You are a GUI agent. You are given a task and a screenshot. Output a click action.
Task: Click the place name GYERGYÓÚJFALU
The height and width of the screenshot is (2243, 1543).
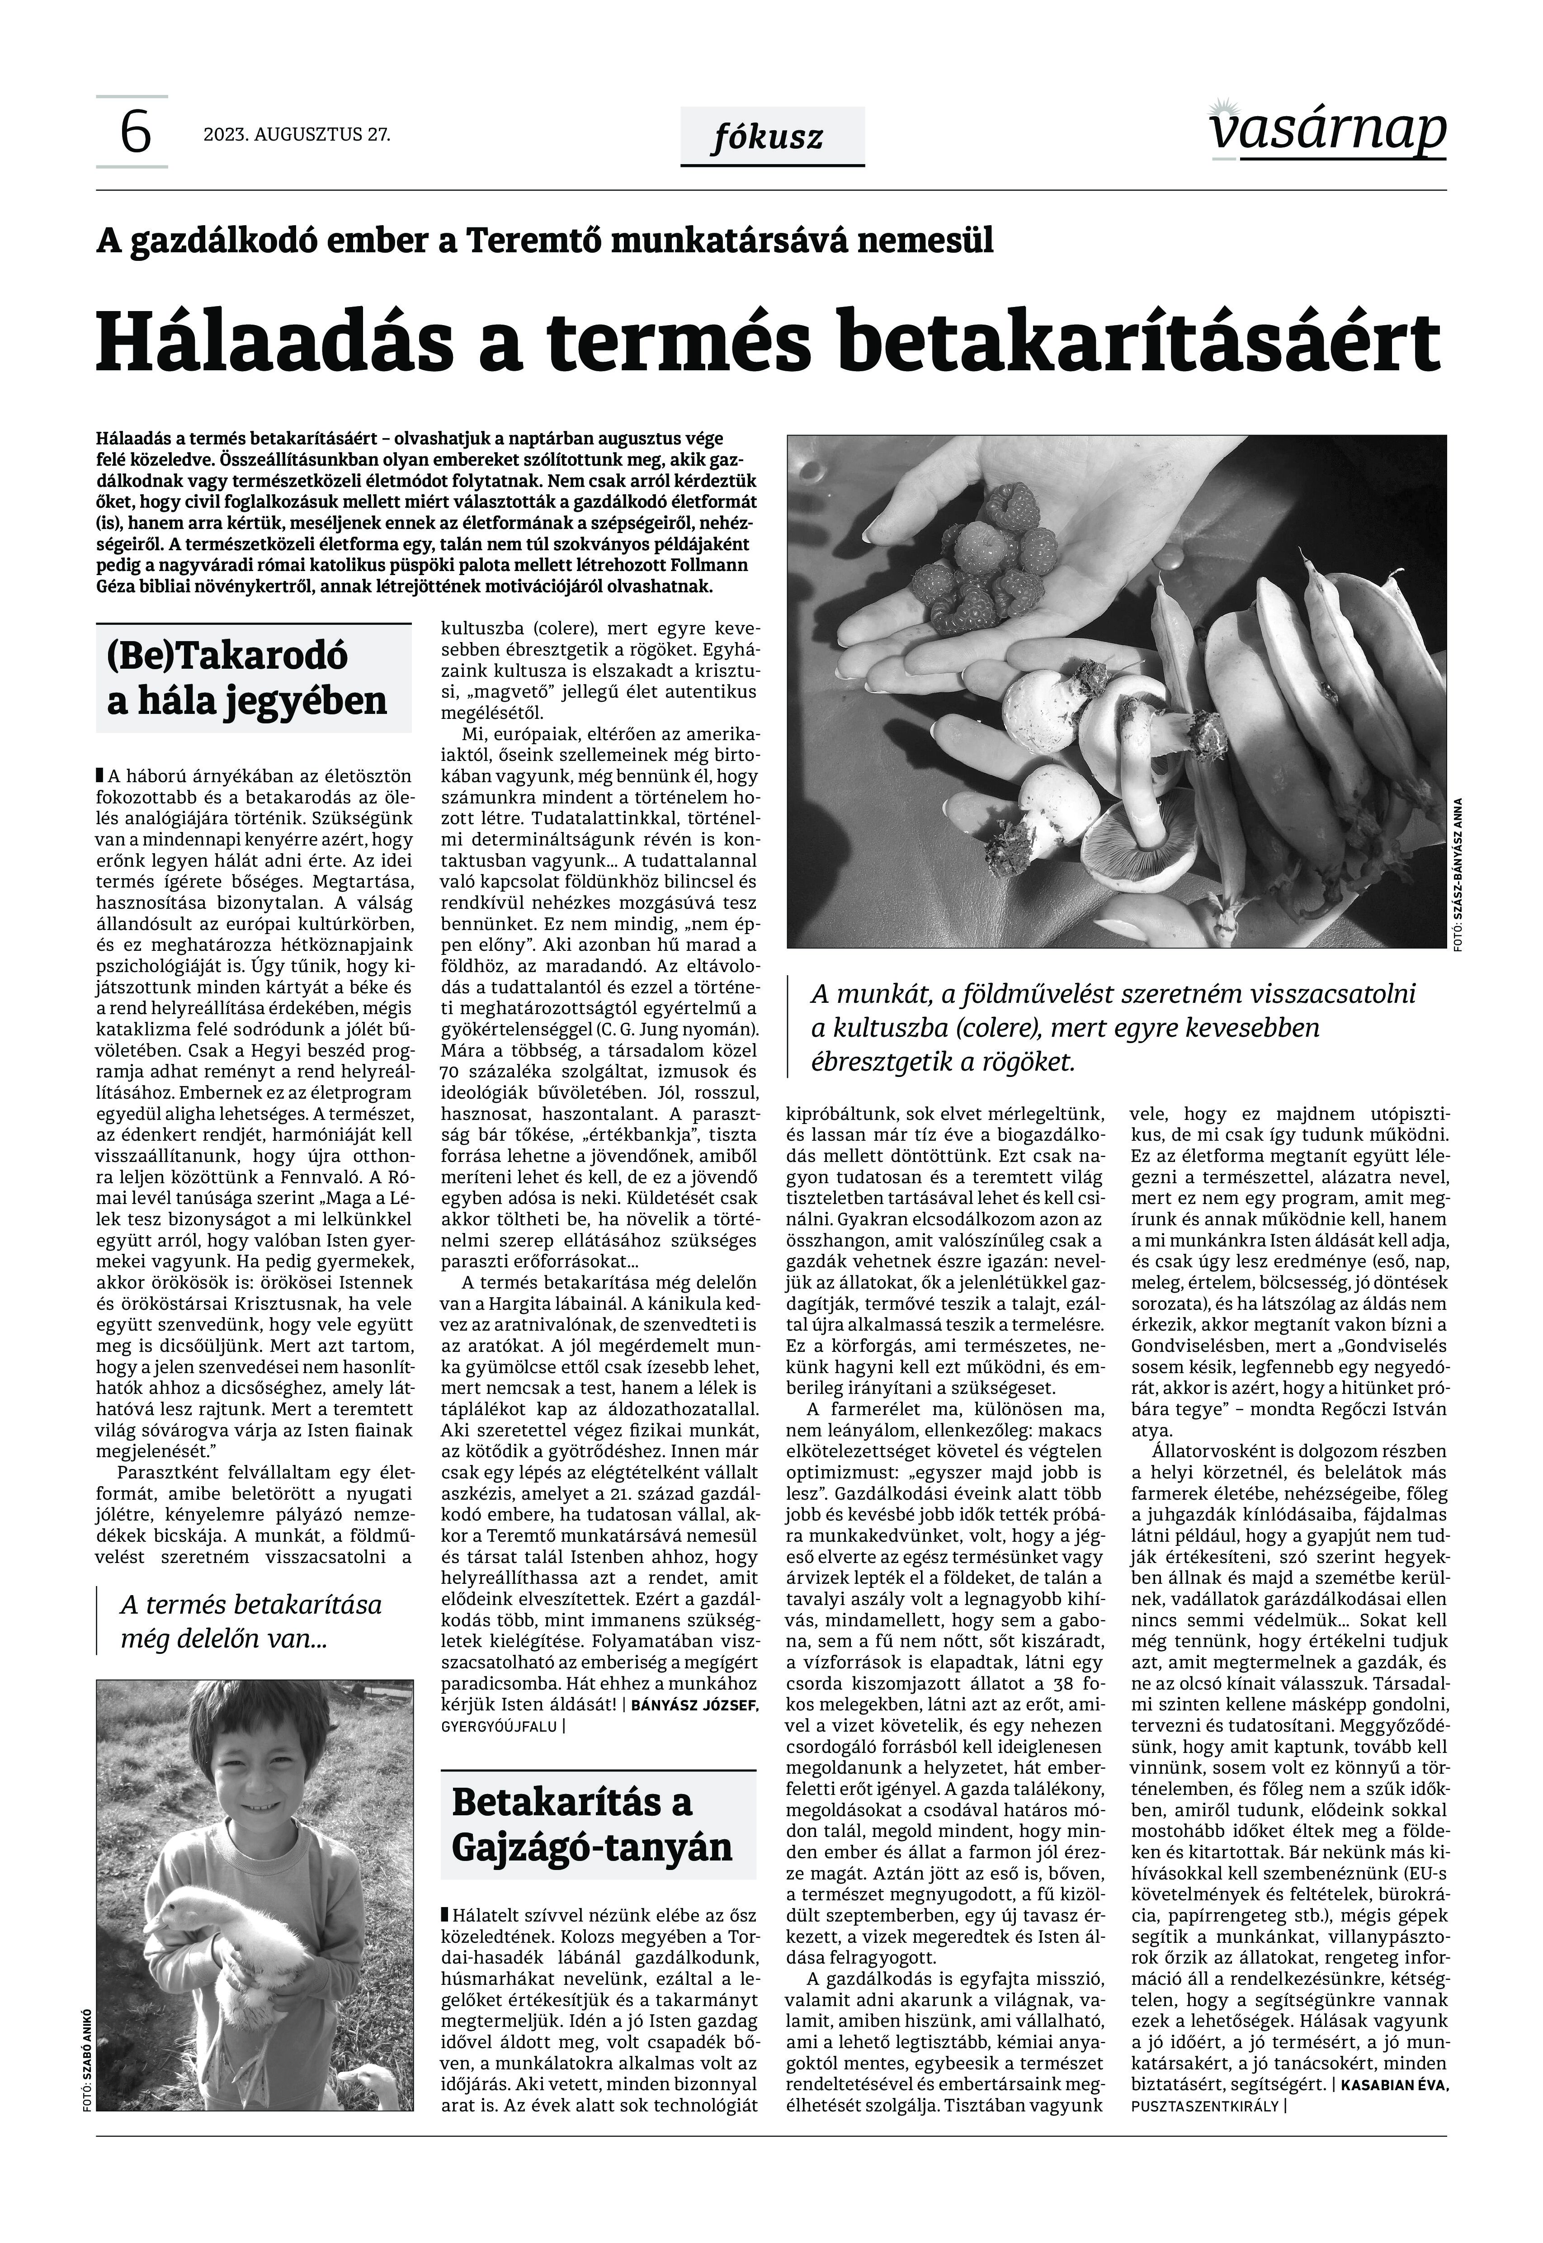tap(498, 1725)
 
